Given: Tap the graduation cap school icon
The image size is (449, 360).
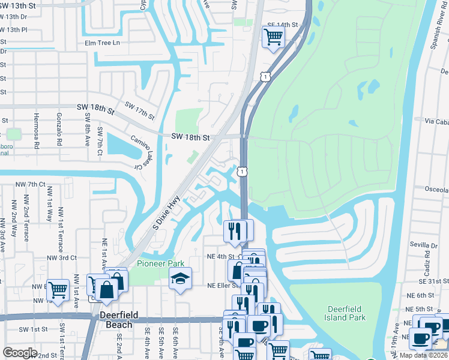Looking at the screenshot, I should [x=180, y=278].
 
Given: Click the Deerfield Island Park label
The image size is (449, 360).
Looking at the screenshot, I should [x=346, y=313].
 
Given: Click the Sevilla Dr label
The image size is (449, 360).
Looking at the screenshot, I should [x=424, y=245].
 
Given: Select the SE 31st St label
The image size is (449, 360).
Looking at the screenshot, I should [x=435, y=281].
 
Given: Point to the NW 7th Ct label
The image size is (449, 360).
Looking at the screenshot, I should [x=32, y=184].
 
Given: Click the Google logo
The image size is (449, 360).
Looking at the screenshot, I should [x=20, y=352].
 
